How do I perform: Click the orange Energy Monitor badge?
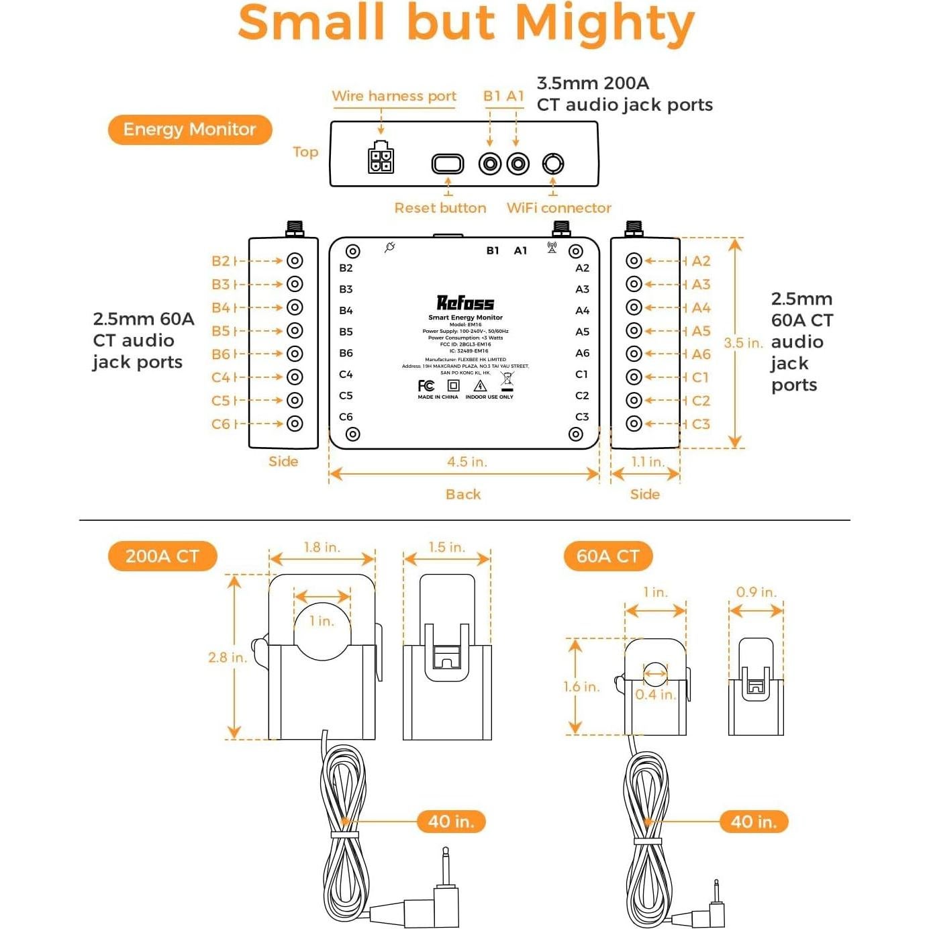[x=189, y=130]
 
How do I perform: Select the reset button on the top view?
[x=448, y=163]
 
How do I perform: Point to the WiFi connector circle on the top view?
[x=553, y=163]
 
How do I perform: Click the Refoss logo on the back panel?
[x=465, y=303]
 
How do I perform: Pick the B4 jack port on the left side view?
[x=295, y=307]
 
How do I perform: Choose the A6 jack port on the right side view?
[x=634, y=354]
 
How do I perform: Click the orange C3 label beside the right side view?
[x=701, y=424]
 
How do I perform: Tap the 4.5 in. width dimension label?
[x=467, y=462]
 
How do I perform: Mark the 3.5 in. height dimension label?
[x=743, y=343]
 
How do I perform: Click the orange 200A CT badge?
[x=162, y=556]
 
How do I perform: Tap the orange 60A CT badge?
[x=607, y=556]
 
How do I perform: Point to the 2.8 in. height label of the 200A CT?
[x=228, y=658]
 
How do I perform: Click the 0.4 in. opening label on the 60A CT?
[x=655, y=695]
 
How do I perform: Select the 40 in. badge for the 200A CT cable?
[x=451, y=822]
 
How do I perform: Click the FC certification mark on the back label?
[x=426, y=386]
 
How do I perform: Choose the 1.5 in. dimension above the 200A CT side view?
[x=446, y=548]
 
